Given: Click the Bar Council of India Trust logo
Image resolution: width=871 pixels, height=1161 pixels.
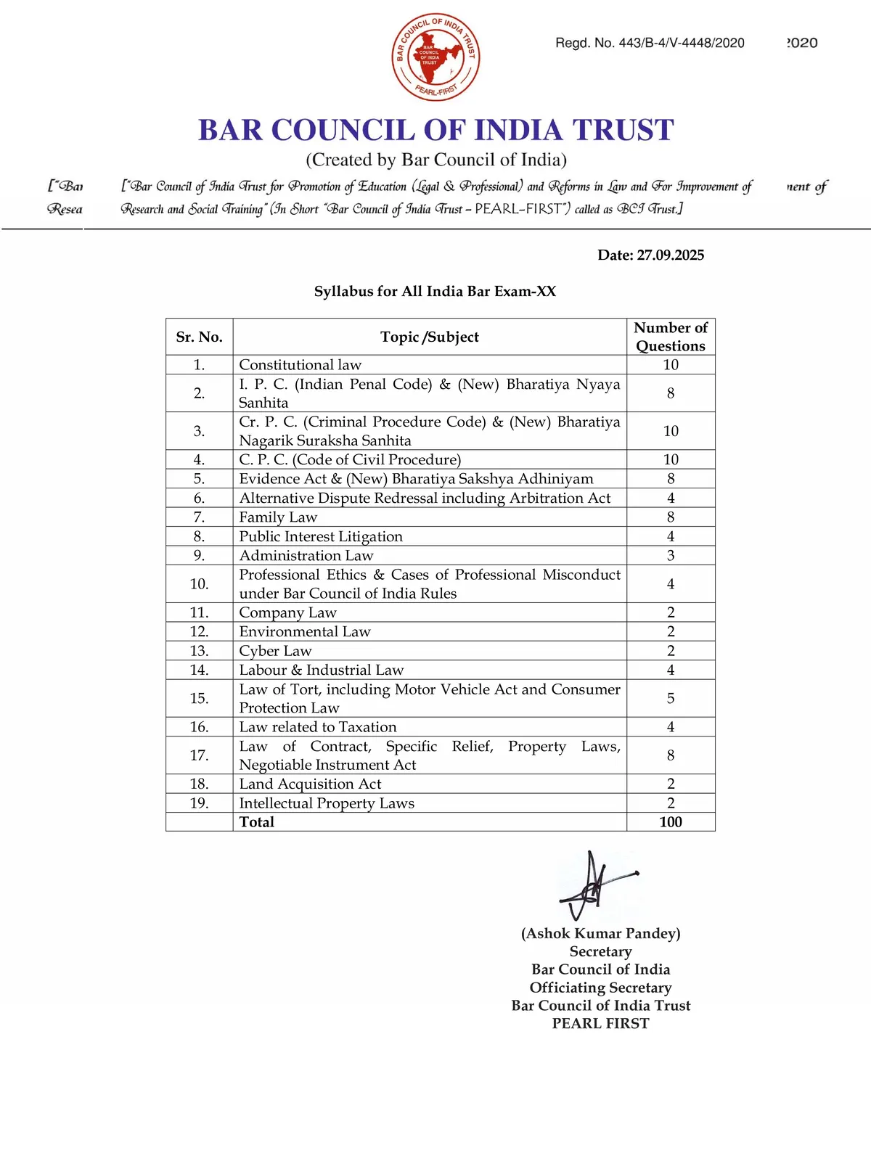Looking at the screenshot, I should pos(435,56).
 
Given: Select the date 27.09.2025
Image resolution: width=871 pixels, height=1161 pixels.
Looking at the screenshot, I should pos(650,255).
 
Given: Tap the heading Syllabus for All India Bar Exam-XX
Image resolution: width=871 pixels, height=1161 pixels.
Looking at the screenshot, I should pos(435,292).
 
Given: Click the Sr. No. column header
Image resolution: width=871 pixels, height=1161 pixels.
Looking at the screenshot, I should pos(199,337).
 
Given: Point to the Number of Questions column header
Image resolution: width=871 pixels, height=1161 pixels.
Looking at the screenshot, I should pos(671,337).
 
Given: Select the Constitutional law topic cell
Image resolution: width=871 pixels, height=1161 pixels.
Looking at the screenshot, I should pos(300,365).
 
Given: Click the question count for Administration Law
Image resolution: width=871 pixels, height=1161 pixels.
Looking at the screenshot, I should pos(671,556).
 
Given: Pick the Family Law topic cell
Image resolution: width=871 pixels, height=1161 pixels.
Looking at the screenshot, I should pos(278,517).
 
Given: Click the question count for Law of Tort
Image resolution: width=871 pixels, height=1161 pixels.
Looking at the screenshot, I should pos(671,698).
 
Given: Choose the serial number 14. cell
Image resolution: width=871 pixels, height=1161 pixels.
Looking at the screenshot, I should pos(199,670).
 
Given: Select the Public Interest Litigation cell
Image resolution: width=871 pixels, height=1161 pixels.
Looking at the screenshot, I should pos(321,537).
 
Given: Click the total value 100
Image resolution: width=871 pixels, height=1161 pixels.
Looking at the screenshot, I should pos(671,822).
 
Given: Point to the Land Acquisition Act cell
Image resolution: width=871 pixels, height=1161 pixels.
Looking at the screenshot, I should pos(310,784).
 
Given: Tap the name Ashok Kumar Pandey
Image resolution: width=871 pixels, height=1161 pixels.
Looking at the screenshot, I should pos(601,934).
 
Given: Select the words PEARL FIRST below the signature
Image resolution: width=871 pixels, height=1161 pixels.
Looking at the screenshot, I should pos(601,1024).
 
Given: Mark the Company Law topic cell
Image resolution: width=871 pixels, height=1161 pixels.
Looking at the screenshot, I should pos(287,613).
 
